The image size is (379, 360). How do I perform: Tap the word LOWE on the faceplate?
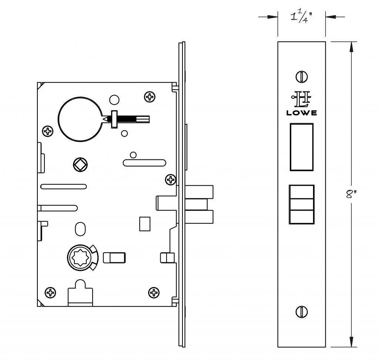(x=301, y=113)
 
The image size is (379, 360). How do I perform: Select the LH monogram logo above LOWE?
(x=301, y=99)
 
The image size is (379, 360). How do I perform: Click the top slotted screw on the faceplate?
(x=302, y=77)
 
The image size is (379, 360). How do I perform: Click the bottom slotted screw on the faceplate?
(x=302, y=312)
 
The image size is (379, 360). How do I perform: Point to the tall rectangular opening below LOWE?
(x=302, y=147)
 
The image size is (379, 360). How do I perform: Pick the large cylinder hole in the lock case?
(x=80, y=119)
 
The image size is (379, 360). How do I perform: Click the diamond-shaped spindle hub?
(x=80, y=165)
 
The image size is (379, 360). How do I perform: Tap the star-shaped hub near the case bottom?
(x=80, y=258)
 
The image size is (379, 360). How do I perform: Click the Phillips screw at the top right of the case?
(x=150, y=97)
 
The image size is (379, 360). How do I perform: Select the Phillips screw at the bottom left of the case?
(x=50, y=293)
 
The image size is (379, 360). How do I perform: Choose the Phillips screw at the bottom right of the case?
(x=154, y=293)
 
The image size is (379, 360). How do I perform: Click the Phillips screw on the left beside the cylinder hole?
(x=48, y=131)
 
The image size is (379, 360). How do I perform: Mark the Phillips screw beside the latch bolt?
(x=171, y=179)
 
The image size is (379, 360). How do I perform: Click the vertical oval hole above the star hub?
(x=80, y=229)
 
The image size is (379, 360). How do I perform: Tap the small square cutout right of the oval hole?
(x=145, y=224)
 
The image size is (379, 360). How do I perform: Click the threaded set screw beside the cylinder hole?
(x=126, y=119)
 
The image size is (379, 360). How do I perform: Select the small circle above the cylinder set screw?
(x=114, y=100)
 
